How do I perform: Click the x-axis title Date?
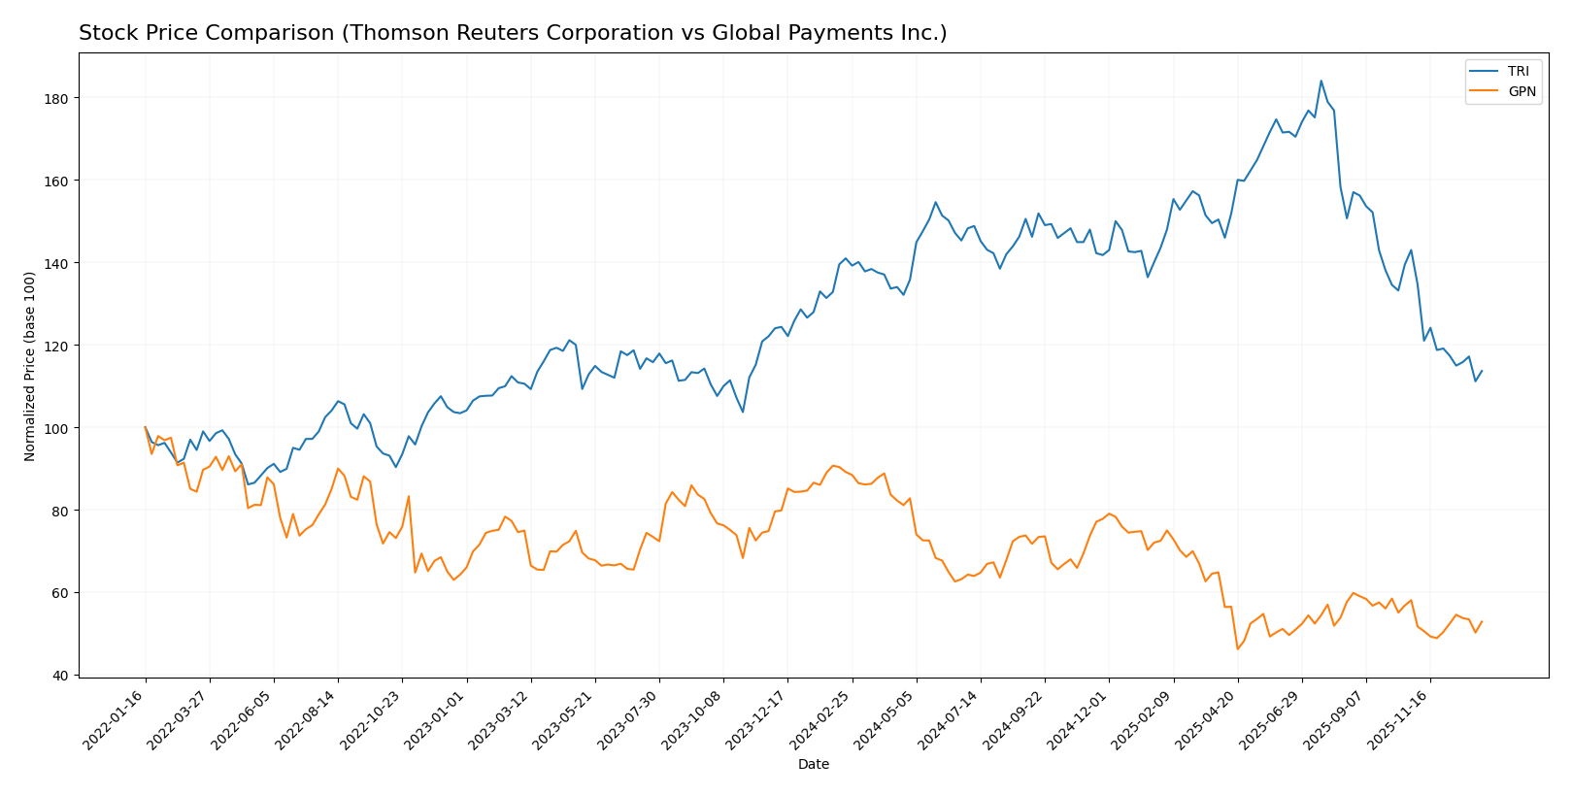tap(813, 765)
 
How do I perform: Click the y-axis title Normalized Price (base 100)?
tap(30, 366)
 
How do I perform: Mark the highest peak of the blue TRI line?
tap(1321, 81)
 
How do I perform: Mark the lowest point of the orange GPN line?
tap(1237, 648)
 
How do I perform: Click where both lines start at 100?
tap(146, 427)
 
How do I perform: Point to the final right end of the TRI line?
tap(1482, 371)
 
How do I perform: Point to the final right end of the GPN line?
tap(1482, 621)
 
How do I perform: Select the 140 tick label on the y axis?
tap(60, 263)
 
